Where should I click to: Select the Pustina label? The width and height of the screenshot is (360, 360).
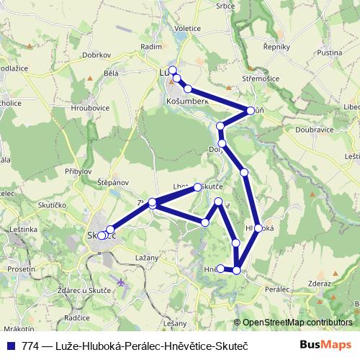click(328, 53)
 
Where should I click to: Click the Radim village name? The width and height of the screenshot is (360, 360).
click(151, 46)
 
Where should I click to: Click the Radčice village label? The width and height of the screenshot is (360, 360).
click(76, 317)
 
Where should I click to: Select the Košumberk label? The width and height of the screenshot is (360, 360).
click(187, 102)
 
